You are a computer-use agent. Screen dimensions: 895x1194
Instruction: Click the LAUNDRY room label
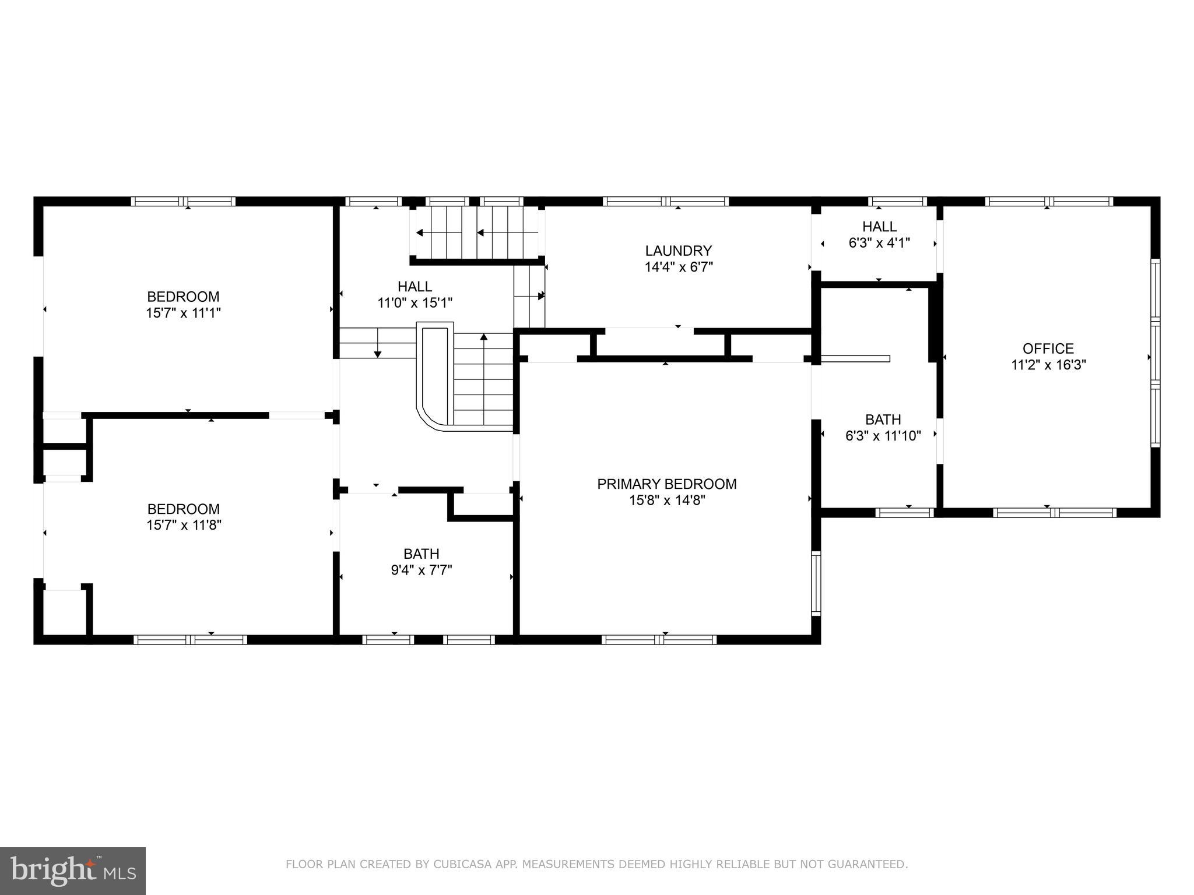pyautogui.click(x=678, y=251)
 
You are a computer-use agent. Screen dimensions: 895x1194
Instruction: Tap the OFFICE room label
pyautogui.click(x=1048, y=348)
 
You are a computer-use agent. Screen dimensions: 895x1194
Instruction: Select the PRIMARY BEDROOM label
pyautogui.click(x=666, y=484)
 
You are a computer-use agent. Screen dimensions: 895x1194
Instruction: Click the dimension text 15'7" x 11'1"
pyautogui.click(x=183, y=313)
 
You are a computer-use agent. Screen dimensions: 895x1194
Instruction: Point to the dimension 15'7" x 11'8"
pyautogui.click(x=184, y=525)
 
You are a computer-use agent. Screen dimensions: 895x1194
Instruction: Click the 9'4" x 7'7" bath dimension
pyautogui.click(x=421, y=570)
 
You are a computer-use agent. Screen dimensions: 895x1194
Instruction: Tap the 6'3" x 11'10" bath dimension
pyautogui.click(x=883, y=436)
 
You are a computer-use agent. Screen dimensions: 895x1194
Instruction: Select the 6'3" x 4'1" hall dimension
pyautogui.click(x=879, y=242)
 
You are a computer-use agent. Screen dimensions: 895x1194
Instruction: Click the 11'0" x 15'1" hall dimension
pyautogui.click(x=415, y=303)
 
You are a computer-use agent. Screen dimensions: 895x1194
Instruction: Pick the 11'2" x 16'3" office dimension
pyautogui.click(x=1048, y=365)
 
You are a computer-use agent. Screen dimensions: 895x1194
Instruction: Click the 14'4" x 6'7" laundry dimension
pyautogui.click(x=679, y=267)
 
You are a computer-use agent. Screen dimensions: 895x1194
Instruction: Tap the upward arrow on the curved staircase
pyautogui.click(x=483, y=337)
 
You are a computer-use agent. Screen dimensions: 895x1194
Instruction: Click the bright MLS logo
pyautogui.click(x=73, y=870)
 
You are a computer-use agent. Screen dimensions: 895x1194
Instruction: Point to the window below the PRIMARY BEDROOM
pyautogui.click(x=659, y=640)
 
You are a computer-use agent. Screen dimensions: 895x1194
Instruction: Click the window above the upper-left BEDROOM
pyautogui.click(x=183, y=202)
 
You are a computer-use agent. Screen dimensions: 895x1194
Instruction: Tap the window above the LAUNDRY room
pyautogui.click(x=666, y=202)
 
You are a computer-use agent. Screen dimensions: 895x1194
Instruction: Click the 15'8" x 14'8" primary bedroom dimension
pyautogui.click(x=666, y=500)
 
